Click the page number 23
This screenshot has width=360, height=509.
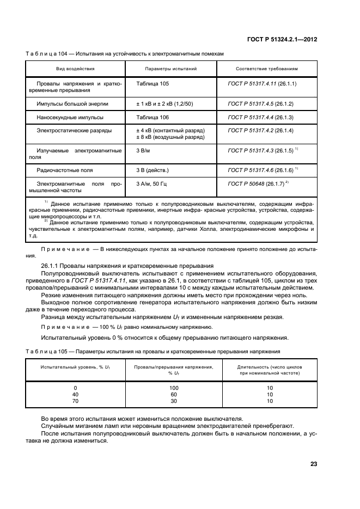point(314,464)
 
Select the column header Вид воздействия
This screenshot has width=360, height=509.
point(75,69)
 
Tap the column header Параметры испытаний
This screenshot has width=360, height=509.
point(170,69)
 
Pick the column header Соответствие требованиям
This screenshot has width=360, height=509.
point(266,69)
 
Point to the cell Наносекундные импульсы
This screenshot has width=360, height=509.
point(70,117)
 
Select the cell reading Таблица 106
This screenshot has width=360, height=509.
point(153,117)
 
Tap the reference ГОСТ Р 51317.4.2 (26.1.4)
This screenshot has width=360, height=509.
point(260,131)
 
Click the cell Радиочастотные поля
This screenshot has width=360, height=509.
point(65,170)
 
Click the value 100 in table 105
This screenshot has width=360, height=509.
point(174,388)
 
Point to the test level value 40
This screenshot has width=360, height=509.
point(75,394)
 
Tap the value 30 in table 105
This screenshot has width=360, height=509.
point(174,401)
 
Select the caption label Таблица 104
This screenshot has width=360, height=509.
point(48,54)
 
